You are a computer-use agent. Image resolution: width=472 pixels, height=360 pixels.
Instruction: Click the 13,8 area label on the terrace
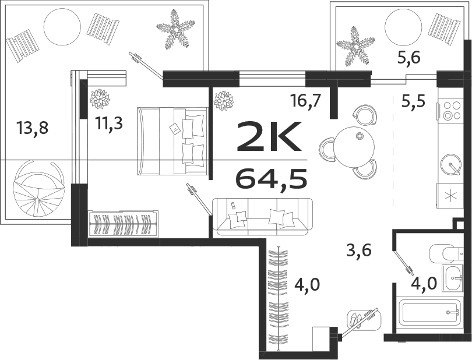tap(33, 127)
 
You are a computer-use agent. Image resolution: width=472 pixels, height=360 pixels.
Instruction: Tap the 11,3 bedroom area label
tap(108, 125)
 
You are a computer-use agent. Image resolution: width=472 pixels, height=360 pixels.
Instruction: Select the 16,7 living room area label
tap(305, 101)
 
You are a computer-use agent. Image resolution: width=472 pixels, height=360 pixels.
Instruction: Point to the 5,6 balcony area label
tap(408, 57)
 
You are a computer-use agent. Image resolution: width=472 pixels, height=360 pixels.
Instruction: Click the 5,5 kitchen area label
tap(413, 101)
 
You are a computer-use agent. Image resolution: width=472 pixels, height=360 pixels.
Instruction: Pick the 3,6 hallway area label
tap(359, 251)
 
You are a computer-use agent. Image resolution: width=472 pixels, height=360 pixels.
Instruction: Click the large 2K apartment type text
tap(269, 136)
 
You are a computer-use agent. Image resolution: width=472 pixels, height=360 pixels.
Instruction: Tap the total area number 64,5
tap(271, 178)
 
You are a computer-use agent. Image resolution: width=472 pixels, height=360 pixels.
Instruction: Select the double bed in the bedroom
tap(172, 140)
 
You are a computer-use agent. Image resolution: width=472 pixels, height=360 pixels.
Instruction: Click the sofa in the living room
tap(262, 216)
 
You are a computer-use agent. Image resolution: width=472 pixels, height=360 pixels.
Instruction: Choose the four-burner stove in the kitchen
tap(452, 110)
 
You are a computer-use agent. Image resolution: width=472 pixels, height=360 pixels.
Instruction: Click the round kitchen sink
tap(451, 164)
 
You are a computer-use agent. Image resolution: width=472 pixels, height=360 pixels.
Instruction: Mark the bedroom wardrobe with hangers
tap(123, 224)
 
